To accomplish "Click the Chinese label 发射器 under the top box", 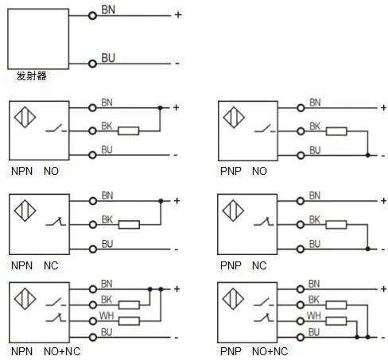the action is pyautogui.click(x=32, y=76).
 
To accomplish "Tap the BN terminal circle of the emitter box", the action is pyautogui.click(x=92, y=16).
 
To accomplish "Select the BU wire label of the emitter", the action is pyautogui.click(x=108, y=58).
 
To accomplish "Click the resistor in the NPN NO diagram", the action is pyautogui.click(x=129, y=131).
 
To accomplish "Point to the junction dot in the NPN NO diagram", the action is pyautogui.click(x=160, y=108).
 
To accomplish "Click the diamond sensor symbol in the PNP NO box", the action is pyautogui.click(x=234, y=117).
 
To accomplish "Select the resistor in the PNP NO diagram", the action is pyautogui.click(x=336, y=131).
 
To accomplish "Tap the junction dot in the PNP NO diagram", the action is pyautogui.click(x=367, y=155).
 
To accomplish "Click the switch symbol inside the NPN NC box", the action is pyautogui.click(x=56, y=222).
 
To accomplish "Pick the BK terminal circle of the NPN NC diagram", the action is pyautogui.click(x=93, y=225).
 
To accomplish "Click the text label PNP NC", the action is pyautogui.click(x=243, y=265).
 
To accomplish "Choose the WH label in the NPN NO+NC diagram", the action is pyautogui.click(x=107, y=315).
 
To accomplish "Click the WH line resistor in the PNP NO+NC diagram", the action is pyautogui.click(x=336, y=321).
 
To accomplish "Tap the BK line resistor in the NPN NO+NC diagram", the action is pyautogui.click(x=129, y=305).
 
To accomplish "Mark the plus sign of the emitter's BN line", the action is pyautogui.click(x=178, y=15).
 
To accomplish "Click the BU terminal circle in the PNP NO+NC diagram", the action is pyautogui.click(x=301, y=337).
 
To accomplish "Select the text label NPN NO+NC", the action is pyautogui.click(x=45, y=351).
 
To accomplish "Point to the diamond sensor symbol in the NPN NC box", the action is pyautogui.click(x=25, y=211).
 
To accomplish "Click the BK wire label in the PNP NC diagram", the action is pyautogui.click(x=315, y=219).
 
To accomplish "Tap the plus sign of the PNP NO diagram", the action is pyautogui.click(x=383, y=108).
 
